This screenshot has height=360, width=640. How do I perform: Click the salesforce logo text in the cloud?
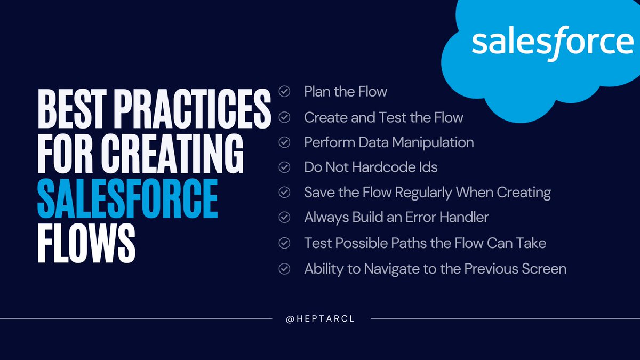[x=552, y=42]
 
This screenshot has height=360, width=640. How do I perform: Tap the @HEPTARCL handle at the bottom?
[x=321, y=318]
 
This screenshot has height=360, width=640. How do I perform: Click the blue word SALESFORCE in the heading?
[x=127, y=198]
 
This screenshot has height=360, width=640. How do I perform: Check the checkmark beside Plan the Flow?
[x=285, y=92]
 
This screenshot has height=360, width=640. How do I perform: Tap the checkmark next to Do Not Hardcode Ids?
[x=285, y=167]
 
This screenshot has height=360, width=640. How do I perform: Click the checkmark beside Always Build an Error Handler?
[x=285, y=218]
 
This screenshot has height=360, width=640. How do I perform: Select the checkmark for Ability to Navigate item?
[x=285, y=269]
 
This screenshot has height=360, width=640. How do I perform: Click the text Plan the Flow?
[x=345, y=92]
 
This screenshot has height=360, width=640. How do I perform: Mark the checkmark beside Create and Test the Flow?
[x=285, y=117]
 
